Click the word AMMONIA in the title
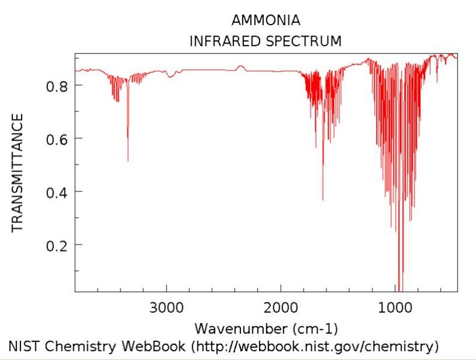click(x=266, y=20)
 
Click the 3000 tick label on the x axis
click(x=166, y=308)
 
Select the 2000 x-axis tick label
click(x=281, y=308)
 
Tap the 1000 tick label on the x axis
click(x=395, y=308)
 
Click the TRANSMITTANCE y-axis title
click(x=17, y=172)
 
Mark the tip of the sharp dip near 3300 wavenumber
click(x=128, y=161)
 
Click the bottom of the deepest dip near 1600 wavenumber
click(x=323, y=200)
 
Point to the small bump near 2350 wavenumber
click(x=240, y=66)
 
